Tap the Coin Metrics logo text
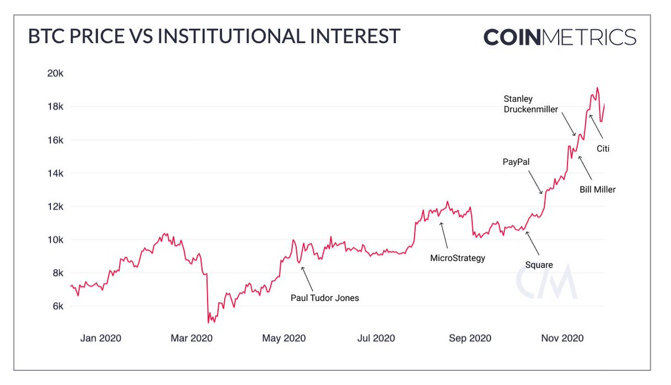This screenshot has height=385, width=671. pos(560,37)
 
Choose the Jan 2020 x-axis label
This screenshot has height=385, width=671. pos(101,338)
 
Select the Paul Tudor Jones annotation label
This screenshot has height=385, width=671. pos(325,298)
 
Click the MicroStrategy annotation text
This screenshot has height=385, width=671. pos(457,258)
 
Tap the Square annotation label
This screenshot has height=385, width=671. pos(539,265)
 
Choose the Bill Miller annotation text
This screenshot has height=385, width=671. pos(598,189)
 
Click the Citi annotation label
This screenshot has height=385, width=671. pos(602,149)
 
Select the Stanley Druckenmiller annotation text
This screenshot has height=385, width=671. pos(531,104)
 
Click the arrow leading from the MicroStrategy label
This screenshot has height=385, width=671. pos(444,235)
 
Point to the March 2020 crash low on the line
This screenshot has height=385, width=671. pos(209,322)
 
